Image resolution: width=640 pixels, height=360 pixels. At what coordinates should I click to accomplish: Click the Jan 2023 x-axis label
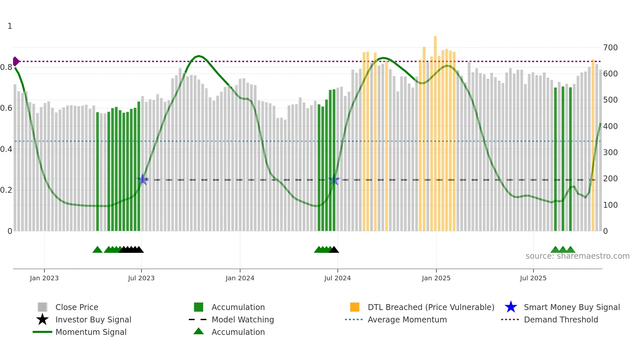44,278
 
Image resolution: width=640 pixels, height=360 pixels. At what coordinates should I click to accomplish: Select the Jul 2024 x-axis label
337,278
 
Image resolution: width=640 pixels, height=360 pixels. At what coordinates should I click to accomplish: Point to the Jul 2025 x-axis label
533,278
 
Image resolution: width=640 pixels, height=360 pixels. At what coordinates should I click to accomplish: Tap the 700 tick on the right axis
610,48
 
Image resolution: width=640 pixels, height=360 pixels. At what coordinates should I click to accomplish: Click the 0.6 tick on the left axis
6,108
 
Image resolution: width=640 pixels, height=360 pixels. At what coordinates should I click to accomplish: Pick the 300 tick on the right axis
610,153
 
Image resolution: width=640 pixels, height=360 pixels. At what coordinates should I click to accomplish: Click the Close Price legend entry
77,307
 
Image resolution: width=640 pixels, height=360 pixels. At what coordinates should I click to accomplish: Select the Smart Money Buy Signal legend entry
572,307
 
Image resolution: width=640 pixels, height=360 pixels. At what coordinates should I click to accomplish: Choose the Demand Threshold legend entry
561,319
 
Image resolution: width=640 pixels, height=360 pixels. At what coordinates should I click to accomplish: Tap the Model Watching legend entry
243,319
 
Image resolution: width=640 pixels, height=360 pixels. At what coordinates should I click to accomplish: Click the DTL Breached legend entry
431,307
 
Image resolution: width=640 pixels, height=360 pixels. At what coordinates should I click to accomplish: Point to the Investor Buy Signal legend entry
93,319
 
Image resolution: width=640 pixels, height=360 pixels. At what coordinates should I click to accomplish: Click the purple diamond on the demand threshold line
16,61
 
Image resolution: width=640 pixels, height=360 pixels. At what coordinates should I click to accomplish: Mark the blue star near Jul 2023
142,180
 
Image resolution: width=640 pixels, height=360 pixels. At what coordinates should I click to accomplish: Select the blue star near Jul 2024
334,180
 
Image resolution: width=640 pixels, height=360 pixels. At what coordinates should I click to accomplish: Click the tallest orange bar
435,131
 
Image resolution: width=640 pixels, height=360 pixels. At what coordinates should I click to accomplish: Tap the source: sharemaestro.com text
577,256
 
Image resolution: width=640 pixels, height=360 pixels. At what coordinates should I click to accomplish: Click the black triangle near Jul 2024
334,250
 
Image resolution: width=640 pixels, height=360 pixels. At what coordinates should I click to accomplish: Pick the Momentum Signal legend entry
91,332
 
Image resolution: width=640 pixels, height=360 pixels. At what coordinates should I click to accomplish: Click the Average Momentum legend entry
407,319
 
